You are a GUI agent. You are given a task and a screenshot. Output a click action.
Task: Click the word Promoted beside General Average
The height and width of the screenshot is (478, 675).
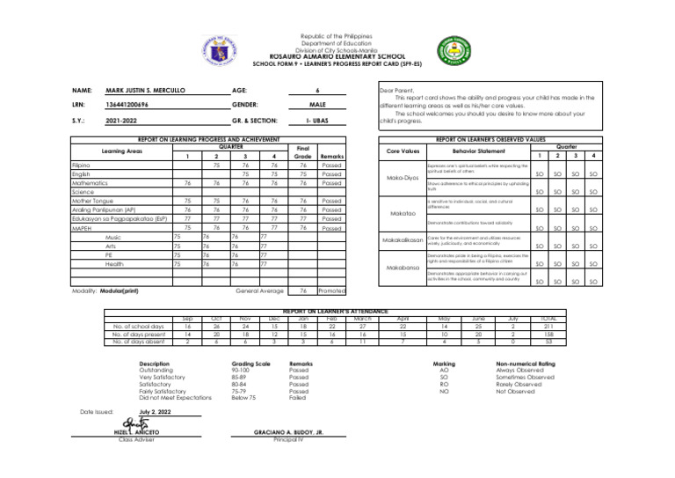(331, 266)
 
